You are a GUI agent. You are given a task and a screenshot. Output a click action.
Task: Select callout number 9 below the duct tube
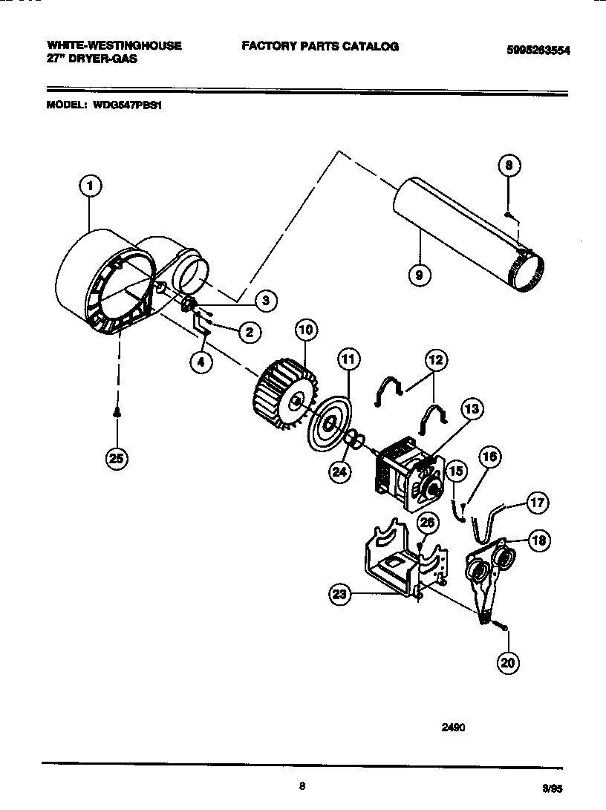[420, 275]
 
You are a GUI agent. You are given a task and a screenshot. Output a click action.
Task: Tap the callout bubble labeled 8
[509, 166]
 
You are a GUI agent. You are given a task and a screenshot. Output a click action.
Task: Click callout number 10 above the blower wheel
[305, 329]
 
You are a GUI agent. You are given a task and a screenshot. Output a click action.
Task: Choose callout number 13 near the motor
[471, 408]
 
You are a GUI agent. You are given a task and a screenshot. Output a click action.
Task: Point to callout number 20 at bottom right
[508, 663]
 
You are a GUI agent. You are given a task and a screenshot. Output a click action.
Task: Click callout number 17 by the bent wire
[538, 503]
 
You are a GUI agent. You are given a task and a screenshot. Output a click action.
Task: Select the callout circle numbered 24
[340, 472]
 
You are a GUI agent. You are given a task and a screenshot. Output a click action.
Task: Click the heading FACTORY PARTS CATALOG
[320, 46]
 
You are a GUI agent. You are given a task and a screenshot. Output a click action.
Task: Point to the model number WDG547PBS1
[128, 105]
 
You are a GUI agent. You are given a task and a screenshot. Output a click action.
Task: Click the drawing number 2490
[453, 728]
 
